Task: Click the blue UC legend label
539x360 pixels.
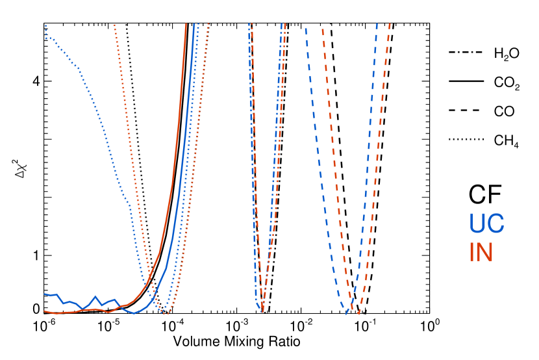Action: tap(486, 224)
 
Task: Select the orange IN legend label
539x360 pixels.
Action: tap(481, 253)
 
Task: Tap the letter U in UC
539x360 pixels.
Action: tap(477, 224)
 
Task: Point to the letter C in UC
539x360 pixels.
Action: tap(495, 224)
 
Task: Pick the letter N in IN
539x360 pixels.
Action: tap(485, 253)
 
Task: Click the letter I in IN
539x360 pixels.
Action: tap(471, 253)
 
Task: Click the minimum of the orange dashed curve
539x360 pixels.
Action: tap(358, 315)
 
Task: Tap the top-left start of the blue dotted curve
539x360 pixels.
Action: tap(45, 25)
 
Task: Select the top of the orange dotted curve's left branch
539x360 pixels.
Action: tap(114, 25)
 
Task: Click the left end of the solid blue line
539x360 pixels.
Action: tap(44, 294)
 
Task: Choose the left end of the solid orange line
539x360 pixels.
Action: tap(44, 311)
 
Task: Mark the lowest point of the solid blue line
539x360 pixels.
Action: tap(134, 313)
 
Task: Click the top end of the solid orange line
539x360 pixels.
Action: tap(186, 24)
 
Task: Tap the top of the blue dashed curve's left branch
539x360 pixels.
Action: tap(306, 28)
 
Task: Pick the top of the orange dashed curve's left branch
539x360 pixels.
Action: tap(323, 28)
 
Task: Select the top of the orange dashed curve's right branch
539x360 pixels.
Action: tap(390, 24)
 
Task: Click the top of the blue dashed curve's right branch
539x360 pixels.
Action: tap(377, 24)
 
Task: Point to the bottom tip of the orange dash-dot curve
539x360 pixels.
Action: tap(262, 311)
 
